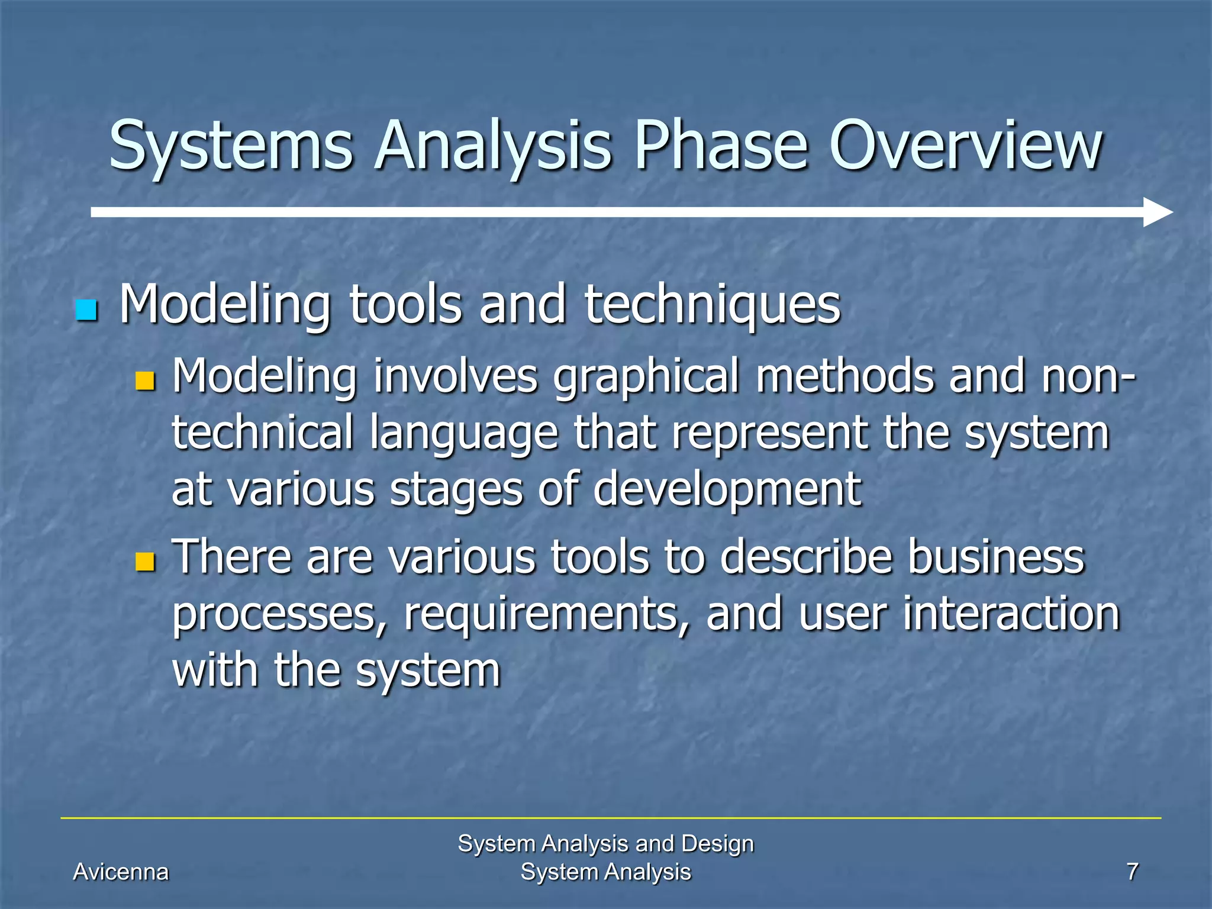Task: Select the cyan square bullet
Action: pyautogui.click(x=86, y=310)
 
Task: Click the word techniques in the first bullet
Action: pyautogui.click(x=712, y=305)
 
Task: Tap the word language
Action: pyautogui.click(x=465, y=433)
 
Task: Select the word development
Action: pyautogui.click(x=727, y=489)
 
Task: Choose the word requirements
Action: pyautogui.click(x=547, y=614)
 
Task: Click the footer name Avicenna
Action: pyautogui.click(x=121, y=872)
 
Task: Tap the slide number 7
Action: pyautogui.click(x=1132, y=872)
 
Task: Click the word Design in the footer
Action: pyautogui.click(x=717, y=843)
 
